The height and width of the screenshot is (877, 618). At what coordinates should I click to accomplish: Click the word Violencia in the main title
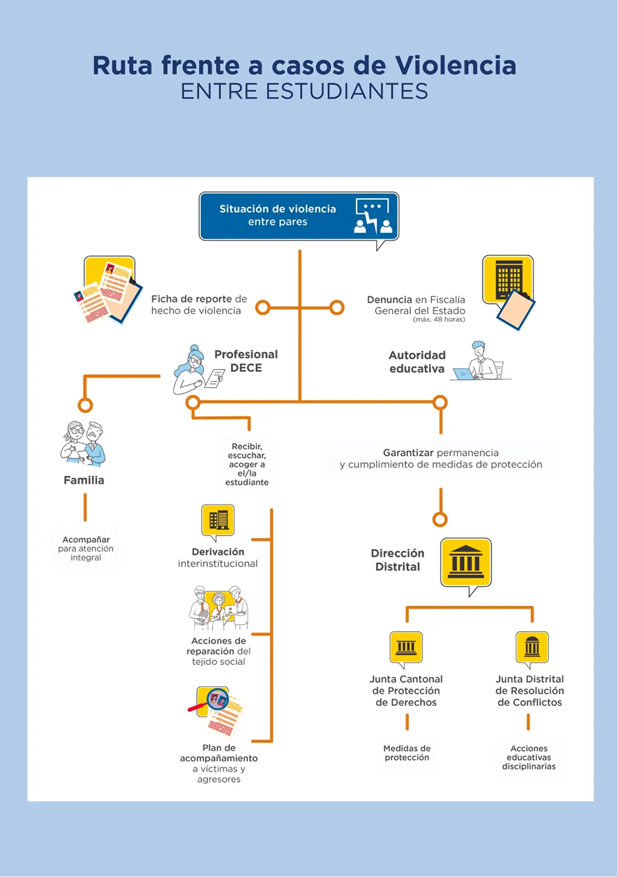455,65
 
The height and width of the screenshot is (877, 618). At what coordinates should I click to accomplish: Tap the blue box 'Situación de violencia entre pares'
299,216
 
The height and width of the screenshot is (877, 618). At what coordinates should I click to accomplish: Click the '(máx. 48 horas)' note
439,320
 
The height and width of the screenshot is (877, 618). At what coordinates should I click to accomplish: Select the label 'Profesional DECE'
246,361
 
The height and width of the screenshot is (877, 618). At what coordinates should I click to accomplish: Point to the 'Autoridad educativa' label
417,361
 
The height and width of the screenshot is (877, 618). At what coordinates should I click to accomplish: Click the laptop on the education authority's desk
464,374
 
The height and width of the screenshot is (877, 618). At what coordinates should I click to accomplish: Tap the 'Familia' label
84,480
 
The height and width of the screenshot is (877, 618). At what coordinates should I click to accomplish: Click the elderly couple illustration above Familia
83,444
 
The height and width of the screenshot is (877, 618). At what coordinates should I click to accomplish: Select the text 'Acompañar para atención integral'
86,548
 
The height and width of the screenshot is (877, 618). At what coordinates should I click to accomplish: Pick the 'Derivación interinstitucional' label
218,557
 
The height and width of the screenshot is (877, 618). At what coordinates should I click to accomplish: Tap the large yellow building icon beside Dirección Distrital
466,563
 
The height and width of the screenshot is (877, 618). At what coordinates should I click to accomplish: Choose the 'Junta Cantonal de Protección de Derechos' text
406,691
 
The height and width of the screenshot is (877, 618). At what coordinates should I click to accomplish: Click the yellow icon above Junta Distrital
532,648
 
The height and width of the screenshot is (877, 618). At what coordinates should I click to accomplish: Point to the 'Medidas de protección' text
407,753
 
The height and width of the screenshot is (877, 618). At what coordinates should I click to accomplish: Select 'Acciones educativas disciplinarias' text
529,757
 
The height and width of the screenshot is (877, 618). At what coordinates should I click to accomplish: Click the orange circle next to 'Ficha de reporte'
263,307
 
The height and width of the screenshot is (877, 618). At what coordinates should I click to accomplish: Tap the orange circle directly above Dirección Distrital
440,520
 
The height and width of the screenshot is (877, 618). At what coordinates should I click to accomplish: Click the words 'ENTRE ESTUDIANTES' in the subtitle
304,91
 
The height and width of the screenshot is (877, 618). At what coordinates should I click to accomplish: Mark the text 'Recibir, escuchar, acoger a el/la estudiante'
247,464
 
